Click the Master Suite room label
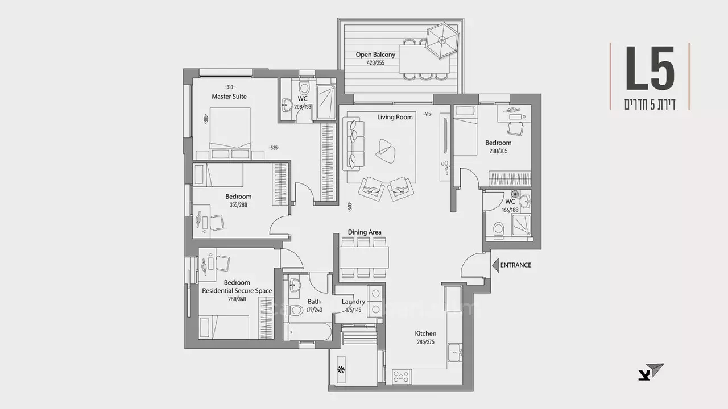229,97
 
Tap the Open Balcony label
375,55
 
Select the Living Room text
395,117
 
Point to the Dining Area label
365,232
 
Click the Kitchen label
425,333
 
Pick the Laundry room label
353,302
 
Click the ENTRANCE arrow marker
495,265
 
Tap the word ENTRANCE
516,265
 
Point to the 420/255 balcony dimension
375,63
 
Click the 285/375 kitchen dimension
425,342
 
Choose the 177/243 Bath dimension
313,310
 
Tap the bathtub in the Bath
309,332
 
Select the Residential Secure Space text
237,291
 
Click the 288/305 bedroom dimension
498,152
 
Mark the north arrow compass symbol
651,372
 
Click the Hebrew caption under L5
650,104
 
